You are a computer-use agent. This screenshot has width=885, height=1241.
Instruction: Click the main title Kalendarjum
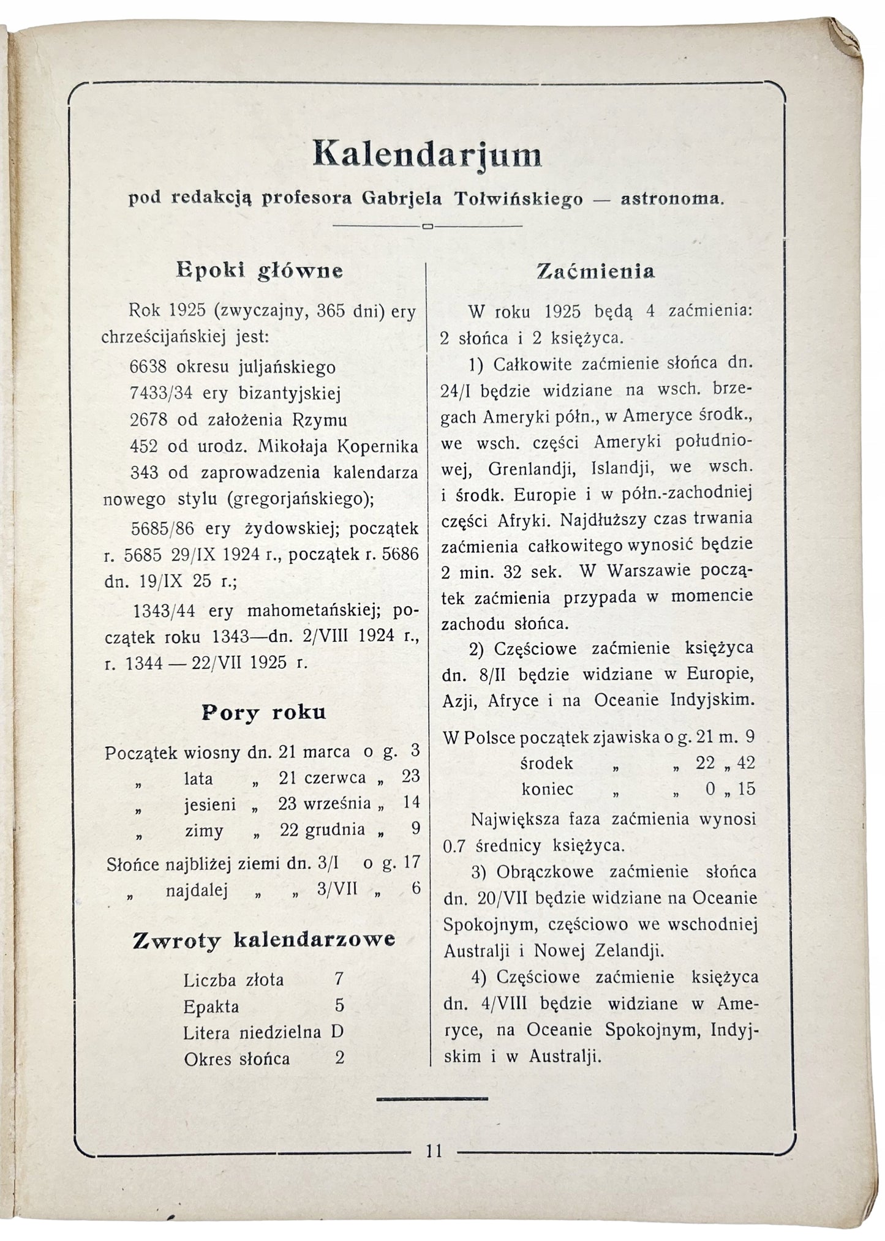(427, 155)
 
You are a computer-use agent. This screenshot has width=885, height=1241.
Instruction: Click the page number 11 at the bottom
(434, 1151)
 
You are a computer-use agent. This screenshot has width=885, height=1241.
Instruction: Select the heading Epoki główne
(259, 271)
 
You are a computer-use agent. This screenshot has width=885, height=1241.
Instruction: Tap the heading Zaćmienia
(595, 271)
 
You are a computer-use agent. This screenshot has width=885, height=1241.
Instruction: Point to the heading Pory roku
(263, 713)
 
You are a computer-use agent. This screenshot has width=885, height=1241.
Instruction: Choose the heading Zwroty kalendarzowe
(264, 940)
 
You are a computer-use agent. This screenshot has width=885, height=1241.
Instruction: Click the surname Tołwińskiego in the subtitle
(521, 200)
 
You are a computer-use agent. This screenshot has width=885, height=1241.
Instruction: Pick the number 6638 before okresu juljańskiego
(149, 367)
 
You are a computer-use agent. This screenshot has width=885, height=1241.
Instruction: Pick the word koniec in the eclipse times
(548, 789)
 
